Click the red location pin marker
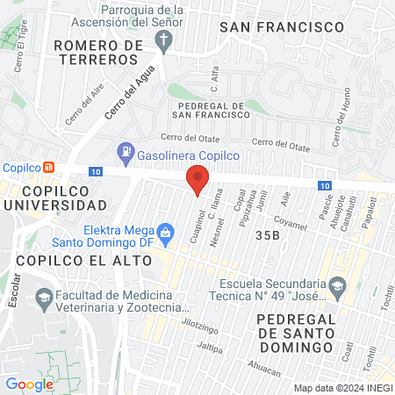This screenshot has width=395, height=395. point(197,179)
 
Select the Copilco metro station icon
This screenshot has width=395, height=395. point(50,168)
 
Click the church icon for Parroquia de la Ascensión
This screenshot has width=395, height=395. point(163,39)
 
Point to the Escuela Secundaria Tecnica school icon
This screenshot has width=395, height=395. point(337,285)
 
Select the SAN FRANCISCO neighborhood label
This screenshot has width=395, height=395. point(281,27)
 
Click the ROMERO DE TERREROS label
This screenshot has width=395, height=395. point(97,52)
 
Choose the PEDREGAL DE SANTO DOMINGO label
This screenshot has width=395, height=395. point(317,333)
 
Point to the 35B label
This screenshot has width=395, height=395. point(268,235)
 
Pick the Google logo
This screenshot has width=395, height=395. point(29,384)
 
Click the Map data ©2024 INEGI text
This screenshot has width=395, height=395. point(342,388)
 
